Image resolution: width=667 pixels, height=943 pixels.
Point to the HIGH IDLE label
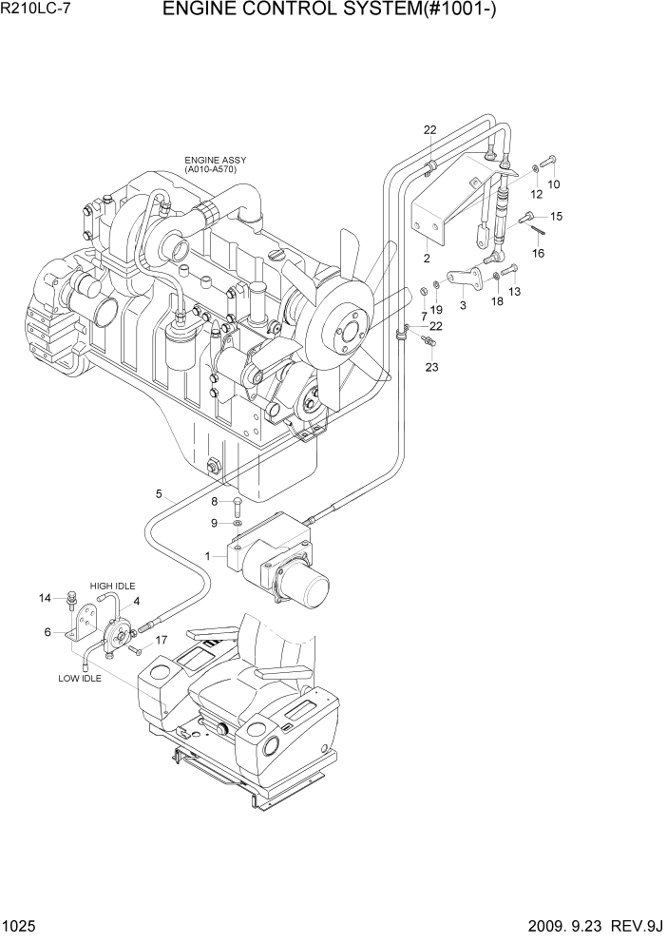108,587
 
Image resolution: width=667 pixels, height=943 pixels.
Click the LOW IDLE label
80,679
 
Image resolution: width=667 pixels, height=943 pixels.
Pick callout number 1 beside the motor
207,555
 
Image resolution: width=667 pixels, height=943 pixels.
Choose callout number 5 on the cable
160,492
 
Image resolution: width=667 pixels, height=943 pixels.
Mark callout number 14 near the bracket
44,598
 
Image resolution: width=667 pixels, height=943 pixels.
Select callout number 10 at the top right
554,183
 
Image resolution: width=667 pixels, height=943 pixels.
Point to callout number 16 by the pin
538,253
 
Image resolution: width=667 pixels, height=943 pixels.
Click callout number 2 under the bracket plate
427,258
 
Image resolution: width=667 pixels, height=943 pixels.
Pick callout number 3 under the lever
463,305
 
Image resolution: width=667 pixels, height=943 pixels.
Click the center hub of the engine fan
345,332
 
